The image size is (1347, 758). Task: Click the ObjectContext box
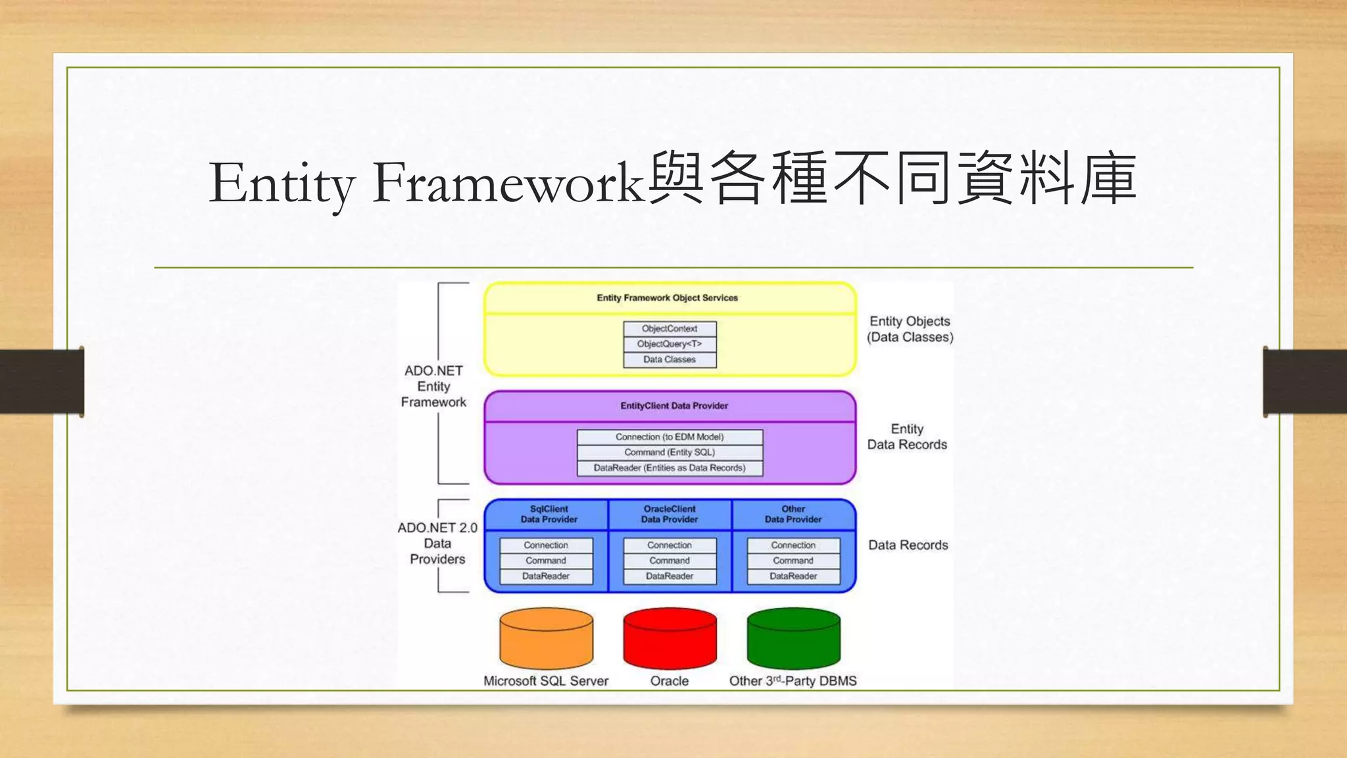(x=670, y=328)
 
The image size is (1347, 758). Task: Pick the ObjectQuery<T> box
(x=670, y=344)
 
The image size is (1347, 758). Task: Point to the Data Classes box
(x=670, y=359)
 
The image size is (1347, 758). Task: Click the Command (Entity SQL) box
(x=670, y=453)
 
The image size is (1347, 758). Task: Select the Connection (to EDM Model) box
(x=670, y=437)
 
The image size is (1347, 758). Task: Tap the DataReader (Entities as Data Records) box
(x=670, y=468)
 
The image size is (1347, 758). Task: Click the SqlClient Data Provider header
(x=549, y=514)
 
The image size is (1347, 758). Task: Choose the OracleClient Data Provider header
(x=670, y=514)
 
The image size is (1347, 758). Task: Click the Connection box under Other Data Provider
(x=793, y=545)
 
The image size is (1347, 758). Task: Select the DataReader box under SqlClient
(x=546, y=576)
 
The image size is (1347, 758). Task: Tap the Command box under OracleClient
(x=670, y=561)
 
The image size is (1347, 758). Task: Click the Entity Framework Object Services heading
(x=667, y=298)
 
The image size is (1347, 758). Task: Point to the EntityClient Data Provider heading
(x=673, y=406)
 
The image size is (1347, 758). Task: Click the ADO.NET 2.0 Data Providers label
(x=437, y=543)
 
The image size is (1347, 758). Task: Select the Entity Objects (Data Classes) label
(x=910, y=329)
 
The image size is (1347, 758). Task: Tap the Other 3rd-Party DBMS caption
(x=793, y=681)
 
